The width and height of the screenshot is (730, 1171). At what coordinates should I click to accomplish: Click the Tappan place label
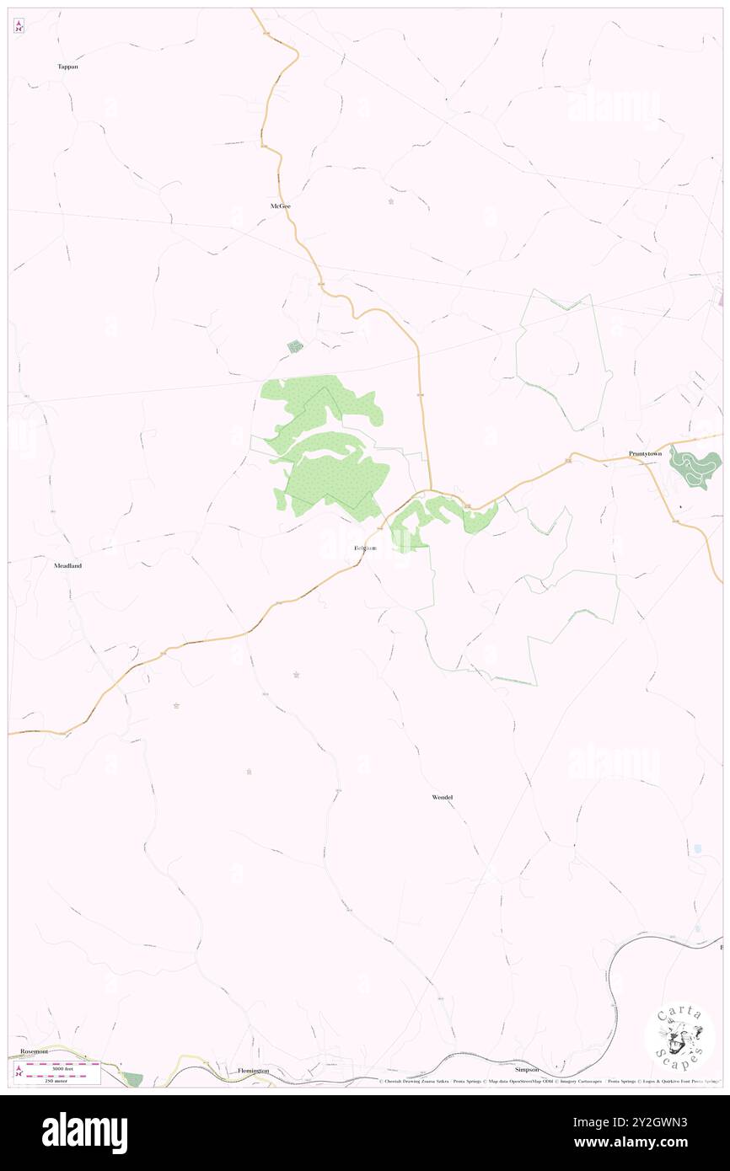point(67,66)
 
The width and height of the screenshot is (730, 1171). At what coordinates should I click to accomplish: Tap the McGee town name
point(280,206)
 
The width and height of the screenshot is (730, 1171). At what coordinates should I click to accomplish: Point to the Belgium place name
point(365,548)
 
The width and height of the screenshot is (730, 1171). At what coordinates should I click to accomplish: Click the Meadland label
point(67,566)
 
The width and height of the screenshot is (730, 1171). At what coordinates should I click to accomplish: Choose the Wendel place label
point(443,796)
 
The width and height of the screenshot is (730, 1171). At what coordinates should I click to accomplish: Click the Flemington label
point(253,1070)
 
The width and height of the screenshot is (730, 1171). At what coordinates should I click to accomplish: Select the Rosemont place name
point(35,1051)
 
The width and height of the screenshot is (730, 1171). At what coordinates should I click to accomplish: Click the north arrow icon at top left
point(19,26)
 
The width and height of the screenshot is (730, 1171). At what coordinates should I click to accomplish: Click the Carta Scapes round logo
point(679,1035)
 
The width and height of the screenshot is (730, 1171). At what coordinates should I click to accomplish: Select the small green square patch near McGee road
point(295,346)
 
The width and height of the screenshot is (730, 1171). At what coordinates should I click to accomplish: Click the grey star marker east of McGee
point(390,201)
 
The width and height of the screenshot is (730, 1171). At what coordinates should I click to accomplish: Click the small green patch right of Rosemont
point(132,1079)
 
